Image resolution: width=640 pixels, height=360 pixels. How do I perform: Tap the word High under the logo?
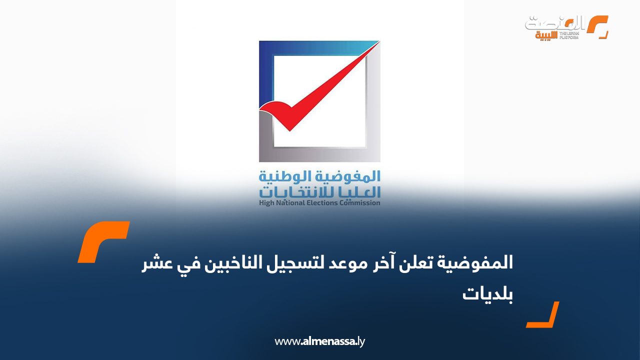(267, 203)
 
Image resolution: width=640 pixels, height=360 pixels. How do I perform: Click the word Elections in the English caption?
(328, 203)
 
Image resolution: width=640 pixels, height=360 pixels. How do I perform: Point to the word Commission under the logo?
(362, 203)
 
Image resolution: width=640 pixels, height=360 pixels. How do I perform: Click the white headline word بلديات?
(487, 294)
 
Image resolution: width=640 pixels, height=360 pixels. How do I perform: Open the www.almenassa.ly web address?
(320, 341)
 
